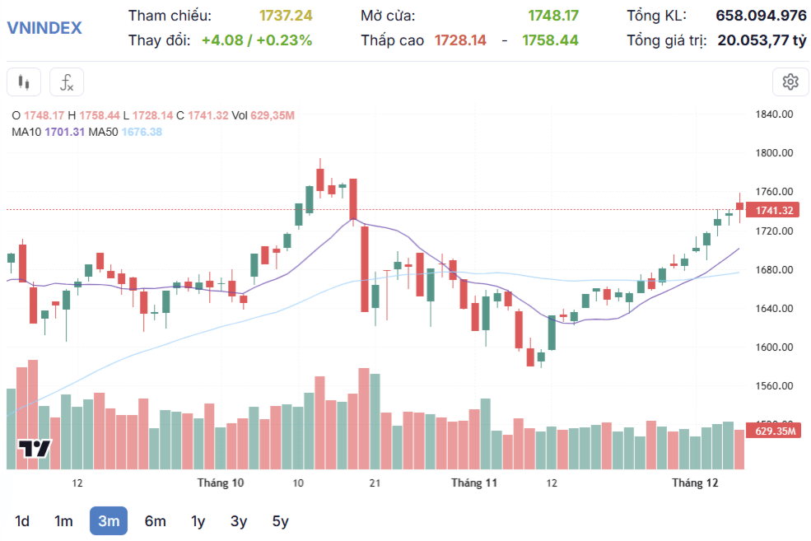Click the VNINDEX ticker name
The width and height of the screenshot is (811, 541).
44,27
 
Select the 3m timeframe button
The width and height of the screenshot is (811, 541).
109,521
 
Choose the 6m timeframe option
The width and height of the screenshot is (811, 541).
155,521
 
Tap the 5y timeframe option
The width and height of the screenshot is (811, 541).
280,521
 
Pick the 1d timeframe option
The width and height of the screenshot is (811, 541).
21,521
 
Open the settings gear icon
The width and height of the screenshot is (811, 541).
790,82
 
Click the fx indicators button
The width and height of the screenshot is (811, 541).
67,82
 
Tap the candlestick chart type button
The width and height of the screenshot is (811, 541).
24,82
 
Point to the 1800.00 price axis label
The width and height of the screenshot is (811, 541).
774,152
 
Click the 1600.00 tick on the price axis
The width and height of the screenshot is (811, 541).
774,347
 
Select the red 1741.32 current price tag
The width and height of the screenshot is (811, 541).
773,210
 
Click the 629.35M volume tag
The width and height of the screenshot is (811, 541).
774,431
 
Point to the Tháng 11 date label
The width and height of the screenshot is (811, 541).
473,483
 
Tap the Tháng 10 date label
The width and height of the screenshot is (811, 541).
221,483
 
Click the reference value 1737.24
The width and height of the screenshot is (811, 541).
286,16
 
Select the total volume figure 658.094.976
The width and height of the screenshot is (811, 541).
761,16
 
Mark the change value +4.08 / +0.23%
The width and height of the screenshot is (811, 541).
257,40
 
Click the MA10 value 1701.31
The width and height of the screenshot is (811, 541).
65,132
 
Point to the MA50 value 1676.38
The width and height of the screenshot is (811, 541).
142,132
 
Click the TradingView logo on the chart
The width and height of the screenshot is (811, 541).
35,449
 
